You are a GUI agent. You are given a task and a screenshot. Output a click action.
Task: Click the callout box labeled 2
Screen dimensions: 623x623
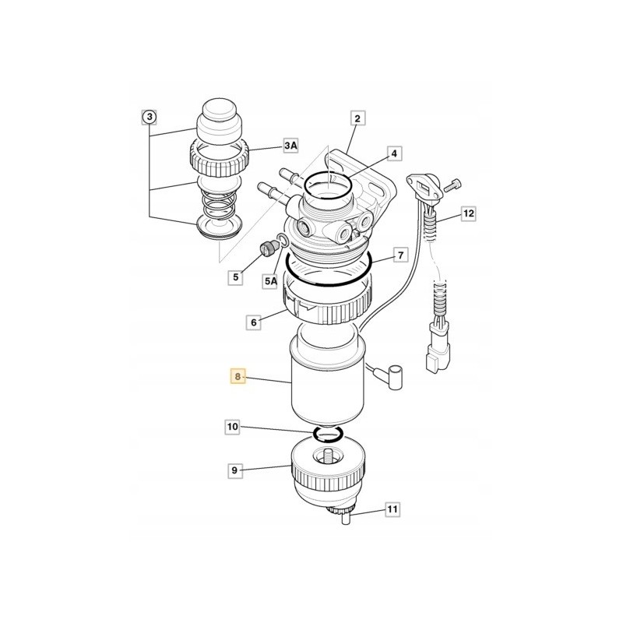point(357,119)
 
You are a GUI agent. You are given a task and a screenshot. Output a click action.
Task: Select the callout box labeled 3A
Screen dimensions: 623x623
point(290,146)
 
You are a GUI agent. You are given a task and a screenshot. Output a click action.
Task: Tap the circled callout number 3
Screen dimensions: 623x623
point(149,118)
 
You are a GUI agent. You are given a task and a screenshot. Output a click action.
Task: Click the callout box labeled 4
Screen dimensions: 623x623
point(394,154)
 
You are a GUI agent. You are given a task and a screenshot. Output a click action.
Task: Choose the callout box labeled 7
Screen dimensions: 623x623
point(399,255)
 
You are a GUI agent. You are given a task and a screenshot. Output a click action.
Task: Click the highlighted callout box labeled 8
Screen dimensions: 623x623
point(238,378)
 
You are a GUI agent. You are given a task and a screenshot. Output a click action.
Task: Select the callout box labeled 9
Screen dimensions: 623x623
point(233,470)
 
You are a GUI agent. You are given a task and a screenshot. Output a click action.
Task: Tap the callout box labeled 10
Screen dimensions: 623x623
point(233,427)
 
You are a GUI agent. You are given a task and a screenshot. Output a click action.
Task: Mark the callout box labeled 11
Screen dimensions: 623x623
point(392,509)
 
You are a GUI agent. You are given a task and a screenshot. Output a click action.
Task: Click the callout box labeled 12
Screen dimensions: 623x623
point(467,213)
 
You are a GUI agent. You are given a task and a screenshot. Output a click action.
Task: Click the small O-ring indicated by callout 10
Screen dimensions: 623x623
point(327,433)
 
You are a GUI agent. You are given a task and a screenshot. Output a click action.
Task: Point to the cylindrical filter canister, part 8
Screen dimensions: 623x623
point(326,382)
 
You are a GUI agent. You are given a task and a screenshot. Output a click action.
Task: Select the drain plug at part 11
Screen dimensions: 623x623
point(343,517)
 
